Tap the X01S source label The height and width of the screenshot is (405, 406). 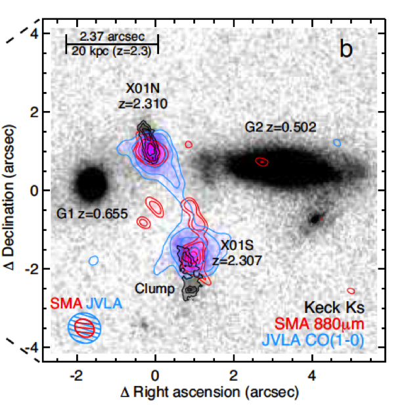coord(237,246)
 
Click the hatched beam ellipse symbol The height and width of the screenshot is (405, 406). coord(85,326)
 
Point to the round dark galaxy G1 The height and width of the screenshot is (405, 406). coord(91,183)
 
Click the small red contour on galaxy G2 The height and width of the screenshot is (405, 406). coord(261,161)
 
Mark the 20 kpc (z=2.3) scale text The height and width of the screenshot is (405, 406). coord(112,51)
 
